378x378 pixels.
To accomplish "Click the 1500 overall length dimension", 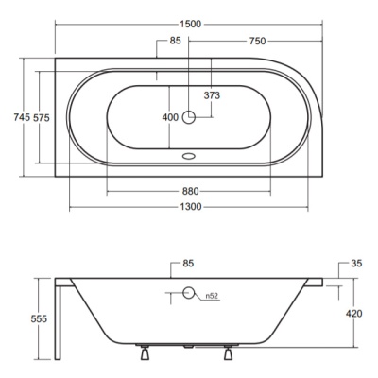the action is (x=190, y=25).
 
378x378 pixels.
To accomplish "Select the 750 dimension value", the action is (x=257, y=41).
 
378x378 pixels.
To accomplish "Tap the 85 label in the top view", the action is (x=176, y=41).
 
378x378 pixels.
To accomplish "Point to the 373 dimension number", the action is (x=212, y=95).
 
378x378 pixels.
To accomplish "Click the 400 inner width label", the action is (x=170, y=117).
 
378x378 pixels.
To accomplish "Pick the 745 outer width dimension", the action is (x=22, y=117).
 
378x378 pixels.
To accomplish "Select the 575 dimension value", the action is (x=42, y=117).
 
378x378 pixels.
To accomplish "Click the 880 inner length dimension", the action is (x=190, y=191).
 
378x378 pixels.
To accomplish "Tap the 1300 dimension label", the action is (x=191, y=207).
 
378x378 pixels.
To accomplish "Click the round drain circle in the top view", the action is (x=189, y=117).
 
